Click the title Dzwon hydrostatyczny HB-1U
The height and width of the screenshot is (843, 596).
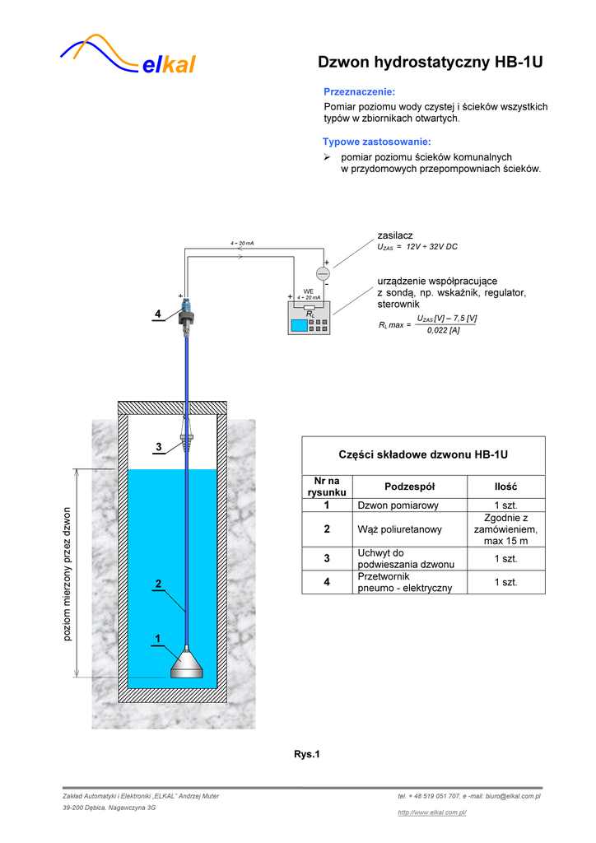pyautogui.click(x=430, y=63)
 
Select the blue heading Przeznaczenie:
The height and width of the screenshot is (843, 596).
pyautogui.click(x=359, y=91)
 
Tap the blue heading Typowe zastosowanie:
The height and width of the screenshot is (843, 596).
pyautogui.click(x=376, y=142)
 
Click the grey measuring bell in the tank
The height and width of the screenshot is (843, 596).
pyautogui.click(x=187, y=664)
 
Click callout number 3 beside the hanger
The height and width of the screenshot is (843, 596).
pyautogui.click(x=159, y=447)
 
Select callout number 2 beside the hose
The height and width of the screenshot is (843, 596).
pyautogui.click(x=159, y=584)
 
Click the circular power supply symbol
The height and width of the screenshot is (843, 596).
pyautogui.click(x=323, y=272)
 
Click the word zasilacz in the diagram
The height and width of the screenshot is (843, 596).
pyautogui.click(x=395, y=236)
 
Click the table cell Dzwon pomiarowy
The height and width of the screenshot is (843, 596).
pyautogui.click(x=398, y=505)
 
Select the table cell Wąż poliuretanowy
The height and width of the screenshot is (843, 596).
pyautogui.click(x=400, y=529)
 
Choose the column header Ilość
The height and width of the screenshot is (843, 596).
pyautogui.click(x=505, y=487)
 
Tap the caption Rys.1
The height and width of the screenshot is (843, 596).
pyautogui.click(x=306, y=754)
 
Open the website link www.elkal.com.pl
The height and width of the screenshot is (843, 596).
pyautogui.click(x=432, y=813)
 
